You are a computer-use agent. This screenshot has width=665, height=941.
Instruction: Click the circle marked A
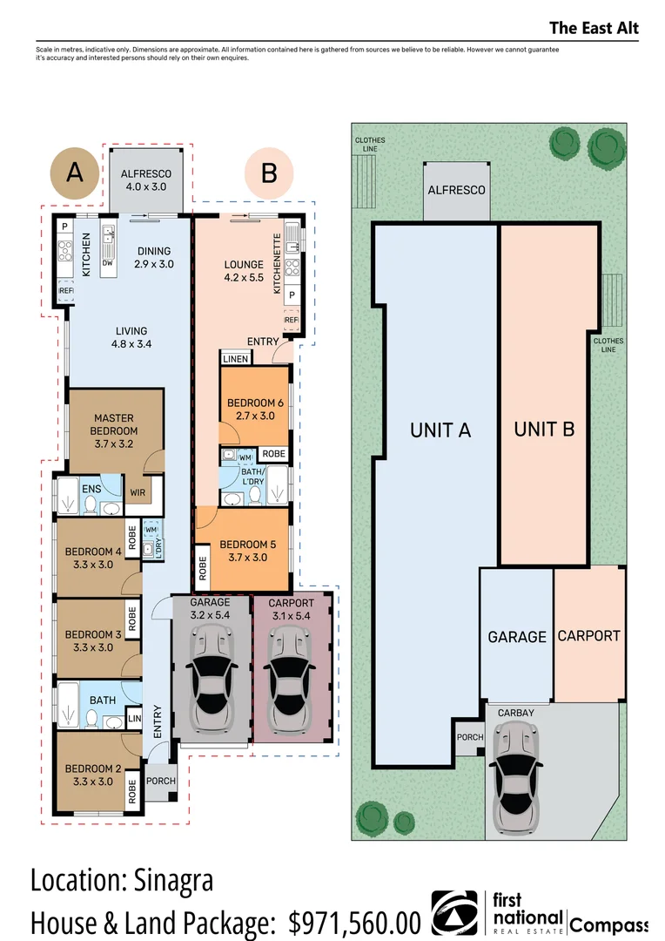pyautogui.click(x=75, y=173)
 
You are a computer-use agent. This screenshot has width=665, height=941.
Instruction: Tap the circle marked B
pyautogui.click(x=269, y=173)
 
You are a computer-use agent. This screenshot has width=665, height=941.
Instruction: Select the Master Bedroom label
pyautogui.click(x=115, y=424)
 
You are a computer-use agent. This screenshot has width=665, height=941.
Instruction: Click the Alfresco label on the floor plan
pyautogui.click(x=146, y=173)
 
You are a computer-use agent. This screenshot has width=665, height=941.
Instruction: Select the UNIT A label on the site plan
pyautogui.click(x=440, y=430)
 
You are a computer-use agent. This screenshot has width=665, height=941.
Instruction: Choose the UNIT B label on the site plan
pyautogui.click(x=544, y=429)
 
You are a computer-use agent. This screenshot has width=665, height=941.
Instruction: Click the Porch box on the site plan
pyautogui.click(x=468, y=737)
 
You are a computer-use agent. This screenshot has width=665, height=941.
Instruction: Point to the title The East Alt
pyautogui.click(x=594, y=28)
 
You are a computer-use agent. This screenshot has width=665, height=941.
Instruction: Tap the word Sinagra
pyautogui.click(x=170, y=880)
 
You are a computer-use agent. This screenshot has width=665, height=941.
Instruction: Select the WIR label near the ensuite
pyautogui.click(x=138, y=492)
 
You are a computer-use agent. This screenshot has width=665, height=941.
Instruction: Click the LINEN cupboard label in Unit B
pyautogui.click(x=236, y=359)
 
